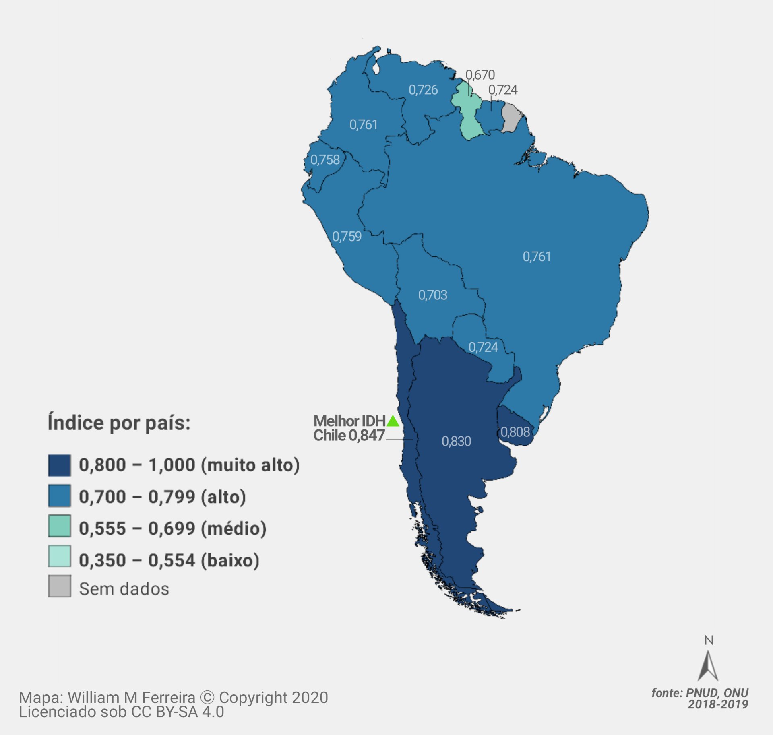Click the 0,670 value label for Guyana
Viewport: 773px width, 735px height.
[480, 75]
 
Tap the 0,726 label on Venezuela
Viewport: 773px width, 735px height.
[423, 90]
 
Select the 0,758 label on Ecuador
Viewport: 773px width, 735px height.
[325, 160]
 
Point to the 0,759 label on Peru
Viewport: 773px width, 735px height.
[347, 236]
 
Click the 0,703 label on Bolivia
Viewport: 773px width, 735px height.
[433, 295]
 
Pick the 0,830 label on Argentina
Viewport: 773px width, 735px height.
[456, 441]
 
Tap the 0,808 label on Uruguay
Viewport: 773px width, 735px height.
[515, 432]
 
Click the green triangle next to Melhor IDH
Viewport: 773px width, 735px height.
[393, 421]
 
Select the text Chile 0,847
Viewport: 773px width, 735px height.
[349, 436]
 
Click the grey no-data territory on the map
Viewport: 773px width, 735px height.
[511, 118]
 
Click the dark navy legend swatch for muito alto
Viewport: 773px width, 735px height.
[60, 465]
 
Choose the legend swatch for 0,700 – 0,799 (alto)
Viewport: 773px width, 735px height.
[60, 496]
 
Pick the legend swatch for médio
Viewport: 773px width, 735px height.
[60, 526]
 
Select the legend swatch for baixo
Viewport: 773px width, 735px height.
[60, 556]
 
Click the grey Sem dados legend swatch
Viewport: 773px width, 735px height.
[60, 586]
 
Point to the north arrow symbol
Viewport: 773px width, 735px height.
[708, 666]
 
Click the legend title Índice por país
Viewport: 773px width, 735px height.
[119, 423]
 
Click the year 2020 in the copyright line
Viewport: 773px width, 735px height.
[310, 698]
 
